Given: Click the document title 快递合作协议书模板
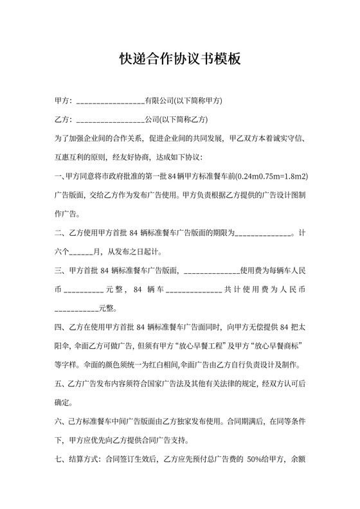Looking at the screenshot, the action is click(179, 60).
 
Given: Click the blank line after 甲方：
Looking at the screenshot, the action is click(110, 102).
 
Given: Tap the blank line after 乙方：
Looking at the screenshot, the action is click(110, 120).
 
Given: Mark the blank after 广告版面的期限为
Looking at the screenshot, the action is click(263, 233).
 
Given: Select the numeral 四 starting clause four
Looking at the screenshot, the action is click(59, 327).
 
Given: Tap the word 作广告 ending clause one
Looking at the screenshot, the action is click(67, 213).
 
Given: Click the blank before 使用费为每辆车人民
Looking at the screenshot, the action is click(220, 271).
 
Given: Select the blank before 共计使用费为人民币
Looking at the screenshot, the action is click(194, 290).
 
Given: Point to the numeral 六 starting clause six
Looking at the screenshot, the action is click(59, 422).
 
